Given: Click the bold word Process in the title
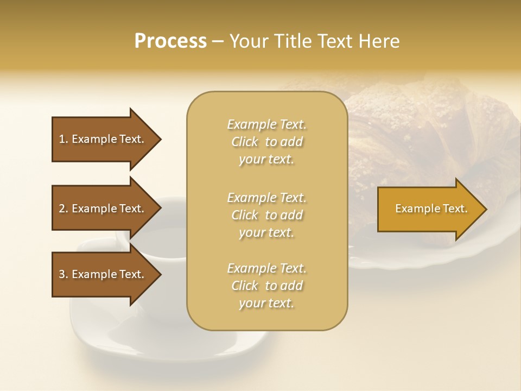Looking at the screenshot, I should coord(170,41).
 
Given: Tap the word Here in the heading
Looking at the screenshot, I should coord(378,41).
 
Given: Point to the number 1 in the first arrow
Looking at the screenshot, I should coord(62,139).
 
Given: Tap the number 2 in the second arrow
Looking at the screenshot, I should coord(62,209).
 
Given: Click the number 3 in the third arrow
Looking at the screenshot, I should coord(62,274).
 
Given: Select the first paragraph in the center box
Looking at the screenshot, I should coord(266,142).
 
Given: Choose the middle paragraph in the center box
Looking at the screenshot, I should coord(266,215).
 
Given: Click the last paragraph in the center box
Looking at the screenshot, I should coord(266,286).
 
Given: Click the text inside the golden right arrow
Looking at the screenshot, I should coord(431,209).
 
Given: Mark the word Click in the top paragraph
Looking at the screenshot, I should coord(245,142).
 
